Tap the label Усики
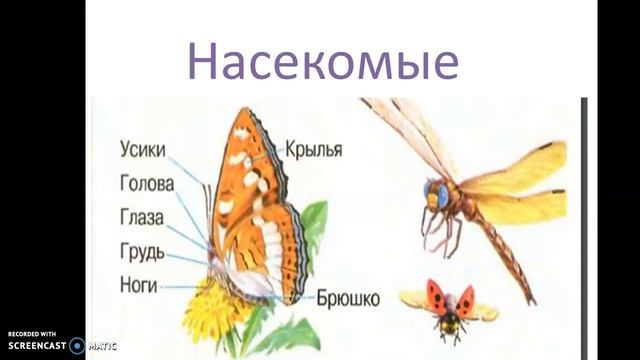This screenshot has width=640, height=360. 141,150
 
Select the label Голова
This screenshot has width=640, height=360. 146,183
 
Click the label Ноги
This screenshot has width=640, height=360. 137,285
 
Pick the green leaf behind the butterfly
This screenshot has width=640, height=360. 314,230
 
